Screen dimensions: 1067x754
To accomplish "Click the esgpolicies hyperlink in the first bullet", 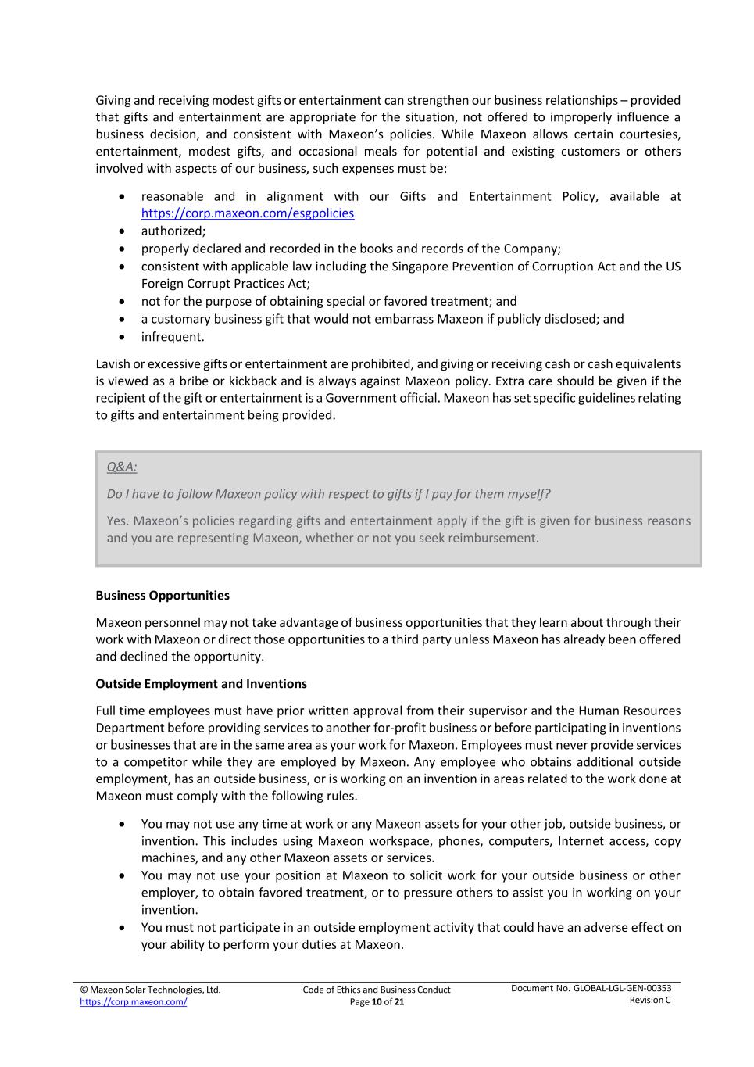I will point(247,213).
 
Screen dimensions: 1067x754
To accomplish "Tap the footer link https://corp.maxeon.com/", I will point(133,1001).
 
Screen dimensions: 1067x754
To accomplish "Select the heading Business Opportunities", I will point(163,596).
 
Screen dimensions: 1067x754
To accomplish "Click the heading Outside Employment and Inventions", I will point(201,684).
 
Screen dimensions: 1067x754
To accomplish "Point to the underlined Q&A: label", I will point(122,467).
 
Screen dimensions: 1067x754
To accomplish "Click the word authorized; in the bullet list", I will point(173,231).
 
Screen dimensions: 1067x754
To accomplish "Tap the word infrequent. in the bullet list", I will point(173,337).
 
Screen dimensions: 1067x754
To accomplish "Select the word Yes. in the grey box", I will point(118,521).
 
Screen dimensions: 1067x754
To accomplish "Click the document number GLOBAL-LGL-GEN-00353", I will point(622,988).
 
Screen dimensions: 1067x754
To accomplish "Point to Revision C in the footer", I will point(650,1001).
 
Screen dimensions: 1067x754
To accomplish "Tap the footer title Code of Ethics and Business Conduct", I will point(377,990).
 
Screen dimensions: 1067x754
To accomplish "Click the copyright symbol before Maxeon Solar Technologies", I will point(84,990).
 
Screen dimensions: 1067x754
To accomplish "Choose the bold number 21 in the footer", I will point(399,1002).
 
